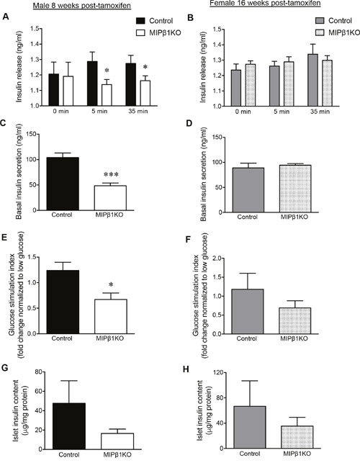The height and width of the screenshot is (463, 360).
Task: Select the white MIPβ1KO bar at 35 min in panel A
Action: click(x=145, y=93)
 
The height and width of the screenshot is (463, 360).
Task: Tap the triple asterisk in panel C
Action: click(x=110, y=175)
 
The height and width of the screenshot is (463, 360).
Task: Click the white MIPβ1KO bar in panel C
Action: click(x=110, y=198)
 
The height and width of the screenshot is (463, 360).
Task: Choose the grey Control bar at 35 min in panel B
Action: click(x=312, y=80)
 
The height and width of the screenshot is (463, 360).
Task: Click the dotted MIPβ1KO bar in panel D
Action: click(x=295, y=189)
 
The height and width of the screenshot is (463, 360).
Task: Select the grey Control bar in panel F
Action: click(x=248, y=312)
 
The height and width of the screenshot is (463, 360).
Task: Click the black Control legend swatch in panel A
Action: click(x=141, y=21)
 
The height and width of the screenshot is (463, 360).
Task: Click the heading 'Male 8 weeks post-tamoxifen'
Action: click(x=82, y=6)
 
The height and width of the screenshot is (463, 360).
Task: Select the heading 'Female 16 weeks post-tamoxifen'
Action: click(x=265, y=4)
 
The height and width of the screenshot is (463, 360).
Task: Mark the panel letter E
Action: click(x=4, y=238)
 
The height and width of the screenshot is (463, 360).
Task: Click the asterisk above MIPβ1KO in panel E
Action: click(x=111, y=284)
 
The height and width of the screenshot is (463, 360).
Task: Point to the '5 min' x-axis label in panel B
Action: click(x=281, y=112)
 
